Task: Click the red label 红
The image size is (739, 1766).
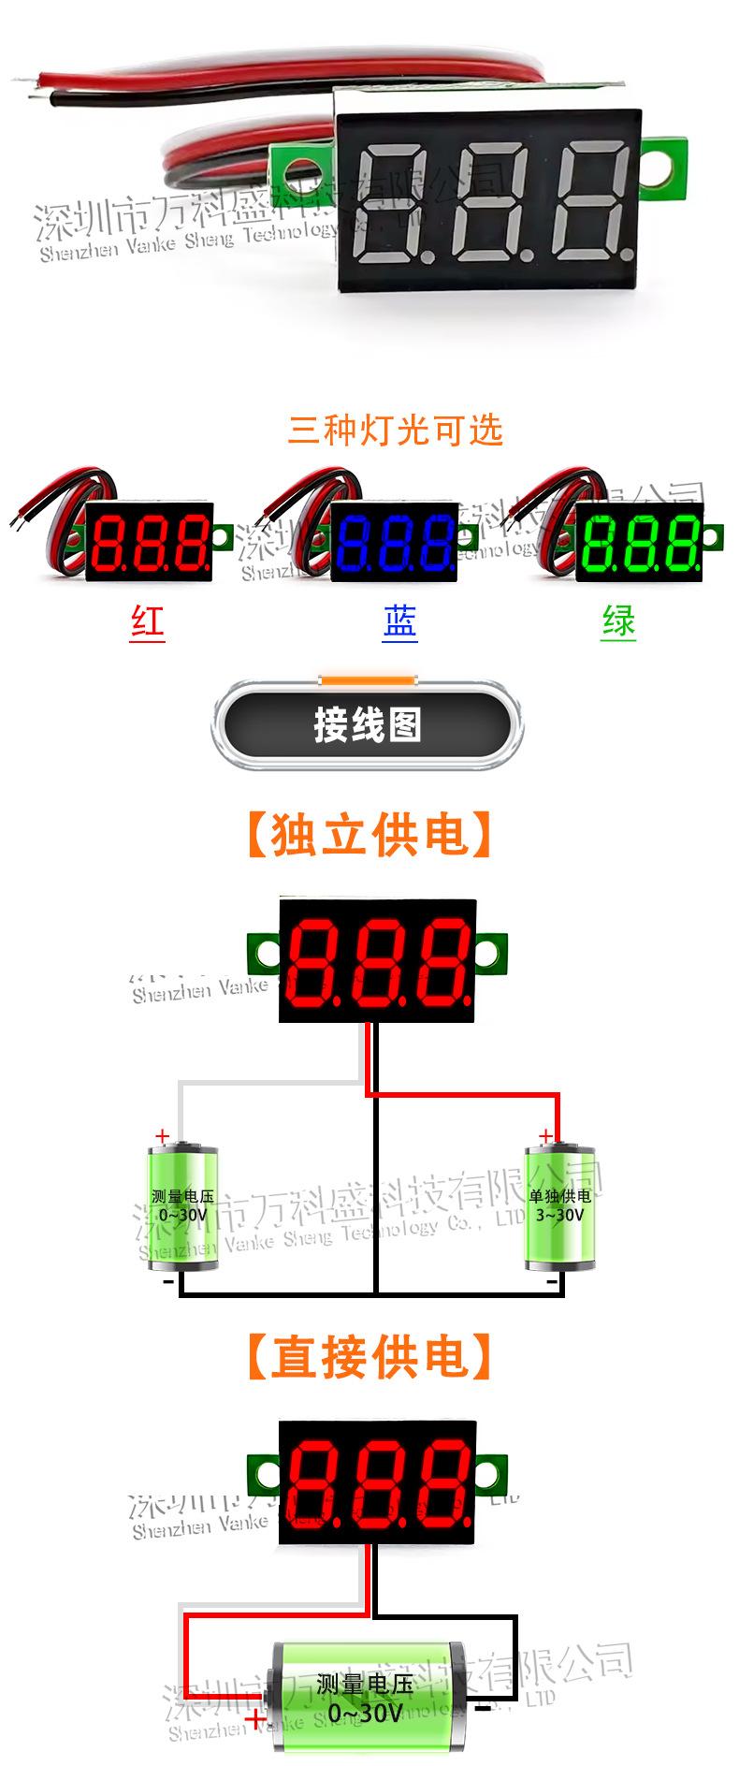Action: pos(148,622)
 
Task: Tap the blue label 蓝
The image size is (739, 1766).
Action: pos(399,622)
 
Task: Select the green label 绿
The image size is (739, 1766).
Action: pos(618,622)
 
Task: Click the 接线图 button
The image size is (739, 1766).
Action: pos(368,724)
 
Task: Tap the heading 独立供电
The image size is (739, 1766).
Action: pos(369,836)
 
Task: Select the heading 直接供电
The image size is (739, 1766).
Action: pos(369,1358)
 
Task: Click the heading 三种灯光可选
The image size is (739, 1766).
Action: pos(395,431)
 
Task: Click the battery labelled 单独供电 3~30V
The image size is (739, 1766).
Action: pos(559,1208)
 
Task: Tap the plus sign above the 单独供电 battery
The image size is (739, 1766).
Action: pos(545,1136)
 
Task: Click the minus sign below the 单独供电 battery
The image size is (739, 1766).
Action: pos(552,1280)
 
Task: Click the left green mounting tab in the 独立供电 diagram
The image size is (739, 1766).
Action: pos(265,954)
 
